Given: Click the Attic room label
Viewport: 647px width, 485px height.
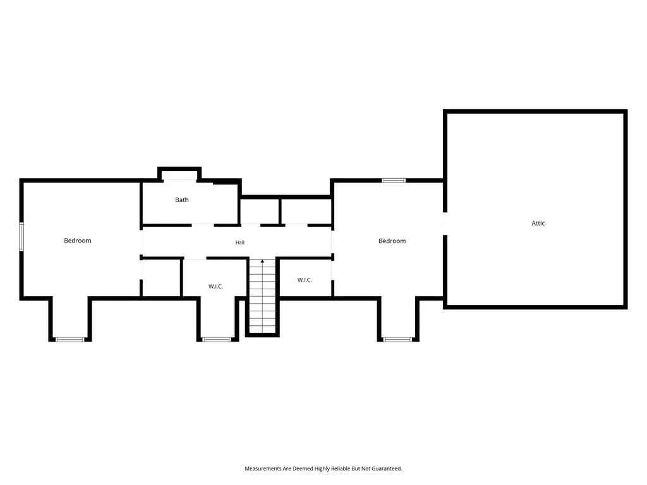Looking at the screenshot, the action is [x=538, y=223].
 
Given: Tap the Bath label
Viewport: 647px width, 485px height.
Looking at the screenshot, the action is [x=181, y=200].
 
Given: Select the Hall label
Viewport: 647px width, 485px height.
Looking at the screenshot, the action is [x=239, y=242].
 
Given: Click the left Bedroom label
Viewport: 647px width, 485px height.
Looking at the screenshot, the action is [x=78, y=241].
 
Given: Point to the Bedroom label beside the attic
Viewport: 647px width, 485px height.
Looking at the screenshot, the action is [x=392, y=241].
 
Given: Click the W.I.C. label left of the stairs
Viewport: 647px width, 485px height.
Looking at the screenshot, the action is [x=215, y=286].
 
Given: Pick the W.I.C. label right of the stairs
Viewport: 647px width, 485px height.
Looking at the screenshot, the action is [x=305, y=280].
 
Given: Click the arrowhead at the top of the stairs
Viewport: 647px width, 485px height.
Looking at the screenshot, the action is [x=262, y=261].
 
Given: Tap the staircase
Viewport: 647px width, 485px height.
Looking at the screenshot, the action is [x=262, y=296].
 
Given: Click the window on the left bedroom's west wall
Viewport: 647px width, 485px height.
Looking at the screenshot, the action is [x=21, y=236].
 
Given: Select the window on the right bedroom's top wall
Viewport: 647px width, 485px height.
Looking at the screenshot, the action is [x=394, y=180].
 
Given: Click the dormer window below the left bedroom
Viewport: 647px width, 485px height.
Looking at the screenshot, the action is [x=70, y=339].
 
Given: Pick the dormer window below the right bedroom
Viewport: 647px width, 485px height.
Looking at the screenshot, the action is [x=397, y=339].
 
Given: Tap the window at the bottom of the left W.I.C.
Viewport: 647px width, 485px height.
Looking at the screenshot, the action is [x=217, y=339].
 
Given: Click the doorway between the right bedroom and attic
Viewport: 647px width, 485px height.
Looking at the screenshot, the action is [x=445, y=223].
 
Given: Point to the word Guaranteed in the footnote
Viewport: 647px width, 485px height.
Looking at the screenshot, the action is [x=387, y=469].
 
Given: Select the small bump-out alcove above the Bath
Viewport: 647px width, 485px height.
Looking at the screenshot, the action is [x=179, y=174].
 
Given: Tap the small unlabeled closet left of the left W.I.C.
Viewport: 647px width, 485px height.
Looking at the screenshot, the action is [x=161, y=278].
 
